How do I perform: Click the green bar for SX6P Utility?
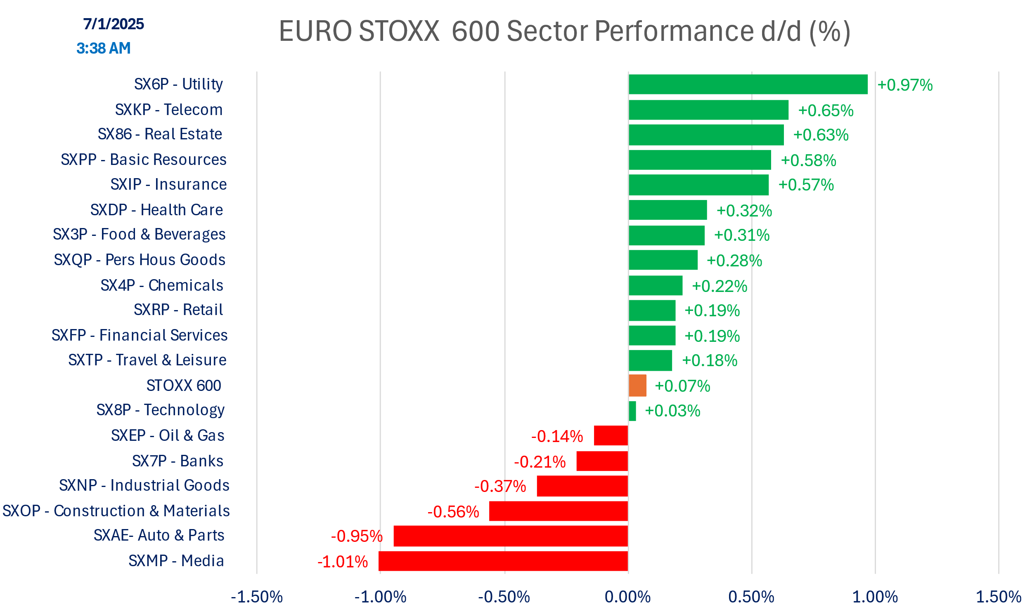pos(748,85)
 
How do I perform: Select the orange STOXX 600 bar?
pos(637,386)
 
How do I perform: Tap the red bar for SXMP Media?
pos(503,561)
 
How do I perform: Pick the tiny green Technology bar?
pos(632,411)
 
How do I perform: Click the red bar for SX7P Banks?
pos(602,461)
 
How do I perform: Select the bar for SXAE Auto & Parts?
pos(511,536)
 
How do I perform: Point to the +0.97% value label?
pos(905,85)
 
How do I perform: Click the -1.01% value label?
pos(343,562)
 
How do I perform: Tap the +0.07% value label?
pos(682,386)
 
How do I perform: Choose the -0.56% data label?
pos(453,512)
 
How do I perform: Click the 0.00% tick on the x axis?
pos(628,597)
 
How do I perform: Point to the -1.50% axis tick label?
pos(257,597)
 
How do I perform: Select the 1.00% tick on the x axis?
pos(875,597)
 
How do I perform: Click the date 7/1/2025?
pos(114,24)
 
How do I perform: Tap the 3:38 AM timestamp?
pos(104,48)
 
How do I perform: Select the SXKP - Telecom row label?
pos(168,110)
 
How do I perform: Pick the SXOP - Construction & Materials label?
pos(116,511)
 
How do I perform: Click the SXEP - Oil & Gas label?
pos(167,436)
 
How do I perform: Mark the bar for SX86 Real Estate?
pos(706,135)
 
